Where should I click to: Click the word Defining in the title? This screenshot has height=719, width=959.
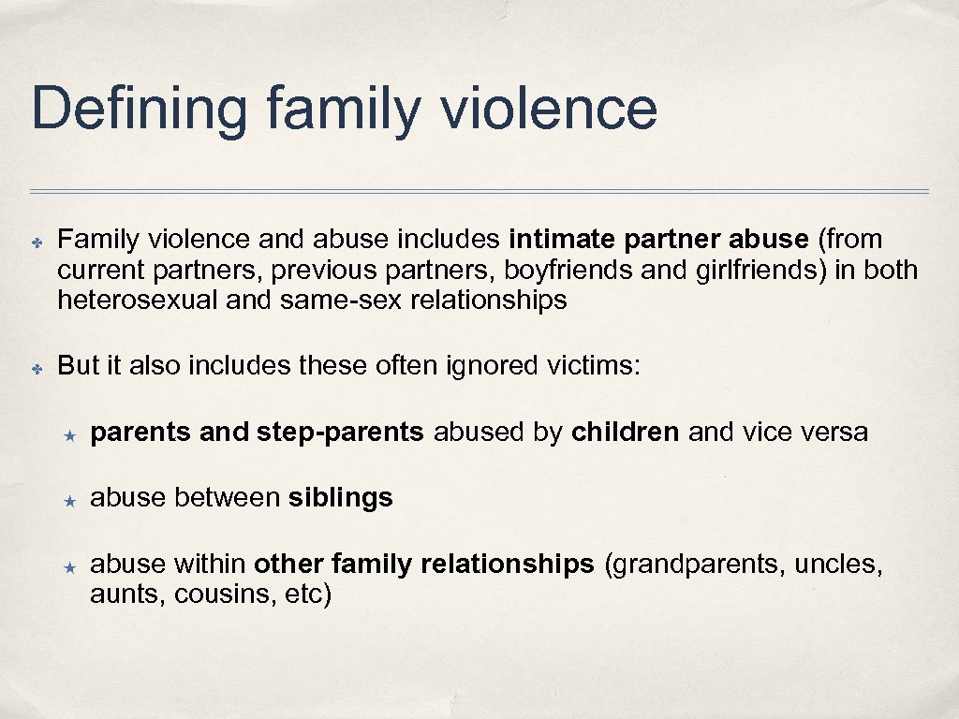[139, 109]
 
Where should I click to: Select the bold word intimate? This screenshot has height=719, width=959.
[558, 241]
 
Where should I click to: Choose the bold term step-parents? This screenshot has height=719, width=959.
[339, 433]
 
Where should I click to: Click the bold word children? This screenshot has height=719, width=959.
[625, 433]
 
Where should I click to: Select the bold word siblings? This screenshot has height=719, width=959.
[341, 498]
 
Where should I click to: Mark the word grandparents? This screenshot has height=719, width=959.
[697, 565]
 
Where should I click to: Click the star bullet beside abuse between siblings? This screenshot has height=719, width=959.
[68, 500]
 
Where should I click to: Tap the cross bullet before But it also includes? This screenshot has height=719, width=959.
[37, 368]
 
